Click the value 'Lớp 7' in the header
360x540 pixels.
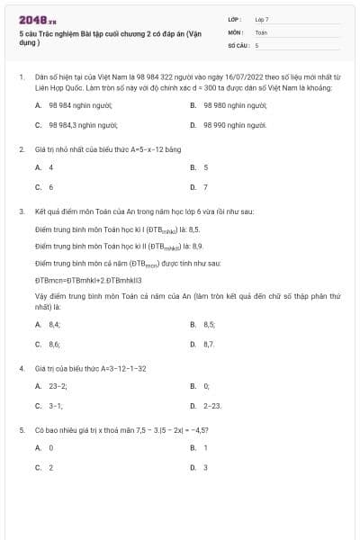point(262,19)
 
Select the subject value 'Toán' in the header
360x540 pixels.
point(261,31)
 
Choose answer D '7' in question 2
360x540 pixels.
point(205,187)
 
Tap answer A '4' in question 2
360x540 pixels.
point(51,167)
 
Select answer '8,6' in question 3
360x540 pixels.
point(54,344)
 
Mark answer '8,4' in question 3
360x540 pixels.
point(54,324)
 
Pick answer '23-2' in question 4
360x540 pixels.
point(58,385)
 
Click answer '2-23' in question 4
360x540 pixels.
point(212,405)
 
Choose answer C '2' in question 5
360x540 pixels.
point(51,467)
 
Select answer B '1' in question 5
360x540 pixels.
point(205,447)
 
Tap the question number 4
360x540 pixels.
point(21,369)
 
